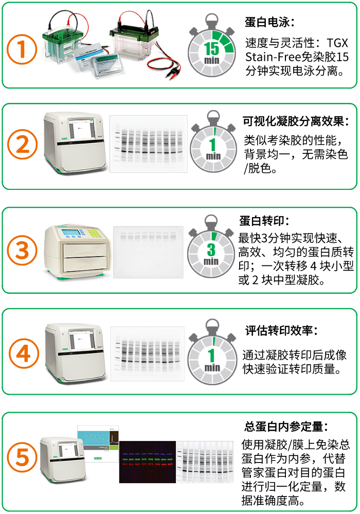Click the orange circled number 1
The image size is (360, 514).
(22, 49)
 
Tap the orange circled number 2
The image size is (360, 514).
(22, 146)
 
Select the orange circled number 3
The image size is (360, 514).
(22, 251)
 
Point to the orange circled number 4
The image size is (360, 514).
(22, 354)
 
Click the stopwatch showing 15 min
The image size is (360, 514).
(211, 48)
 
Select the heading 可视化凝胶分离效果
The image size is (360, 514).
(295, 122)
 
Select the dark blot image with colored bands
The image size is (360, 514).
(147, 462)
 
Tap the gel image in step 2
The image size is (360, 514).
(149, 144)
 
